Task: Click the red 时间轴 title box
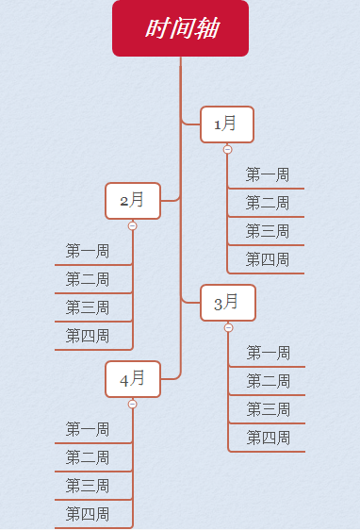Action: (x=180, y=28)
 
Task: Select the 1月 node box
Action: (x=227, y=124)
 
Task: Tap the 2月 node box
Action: (x=133, y=200)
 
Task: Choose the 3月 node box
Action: (x=227, y=303)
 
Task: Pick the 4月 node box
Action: (x=133, y=379)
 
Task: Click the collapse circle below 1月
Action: (x=227, y=149)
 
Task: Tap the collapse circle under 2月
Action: (x=132, y=225)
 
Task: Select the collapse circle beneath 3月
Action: (x=228, y=327)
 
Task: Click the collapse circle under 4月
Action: (x=132, y=404)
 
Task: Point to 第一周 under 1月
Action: (x=268, y=174)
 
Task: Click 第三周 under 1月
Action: (x=268, y=231)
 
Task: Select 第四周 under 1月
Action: (x=268, y=259)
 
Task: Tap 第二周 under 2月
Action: (x=88, y=279)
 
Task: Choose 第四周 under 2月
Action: (x=88, y=336)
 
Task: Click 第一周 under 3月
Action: (x=269, y=353)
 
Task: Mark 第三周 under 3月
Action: (x=269, y=409)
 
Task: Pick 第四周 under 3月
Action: (x=269, y=438)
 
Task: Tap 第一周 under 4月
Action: (x=88, y=429)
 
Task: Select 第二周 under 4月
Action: (x=88, y=457)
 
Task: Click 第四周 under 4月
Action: (x=88, y=514)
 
